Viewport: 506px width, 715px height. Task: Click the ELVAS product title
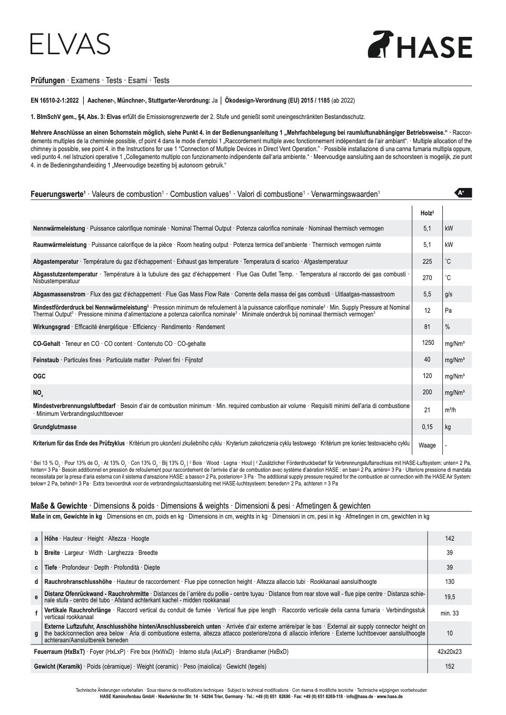click(x=70, y=44)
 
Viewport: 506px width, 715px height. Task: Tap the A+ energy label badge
click(x=463, y=193)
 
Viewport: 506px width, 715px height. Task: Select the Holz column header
click(x=427, y=213)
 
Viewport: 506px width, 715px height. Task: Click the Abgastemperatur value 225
click(x=427, y=261)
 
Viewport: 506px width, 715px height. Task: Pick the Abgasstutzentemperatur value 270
click(x=427, y=277)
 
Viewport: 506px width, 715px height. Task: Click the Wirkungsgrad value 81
click(x=427, y=327)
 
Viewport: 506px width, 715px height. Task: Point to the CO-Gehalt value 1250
click(x=427, y=343)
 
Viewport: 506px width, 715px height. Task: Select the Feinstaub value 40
click(x=427, y=360)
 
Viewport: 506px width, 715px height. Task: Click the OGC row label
click(x=40, y=376)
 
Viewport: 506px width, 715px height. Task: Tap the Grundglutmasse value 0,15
click(x=427, y=427)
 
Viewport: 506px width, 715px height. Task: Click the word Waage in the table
click(x=427, y=445)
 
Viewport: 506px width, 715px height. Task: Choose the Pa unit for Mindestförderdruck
click(x=448, y=311)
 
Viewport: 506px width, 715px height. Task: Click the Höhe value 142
click(x=449, y=539)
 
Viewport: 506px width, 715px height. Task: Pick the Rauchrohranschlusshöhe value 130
click(x=449, y=582)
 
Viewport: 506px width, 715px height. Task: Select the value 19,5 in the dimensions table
click(x=449, y=597)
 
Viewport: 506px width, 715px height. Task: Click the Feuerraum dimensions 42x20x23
click(x=449, y=652)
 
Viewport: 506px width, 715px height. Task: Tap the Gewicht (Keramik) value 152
click(x=449, y=667)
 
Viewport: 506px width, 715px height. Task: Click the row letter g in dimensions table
click(x=36, y=633)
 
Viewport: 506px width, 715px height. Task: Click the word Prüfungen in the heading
click(x=47, y=81)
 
